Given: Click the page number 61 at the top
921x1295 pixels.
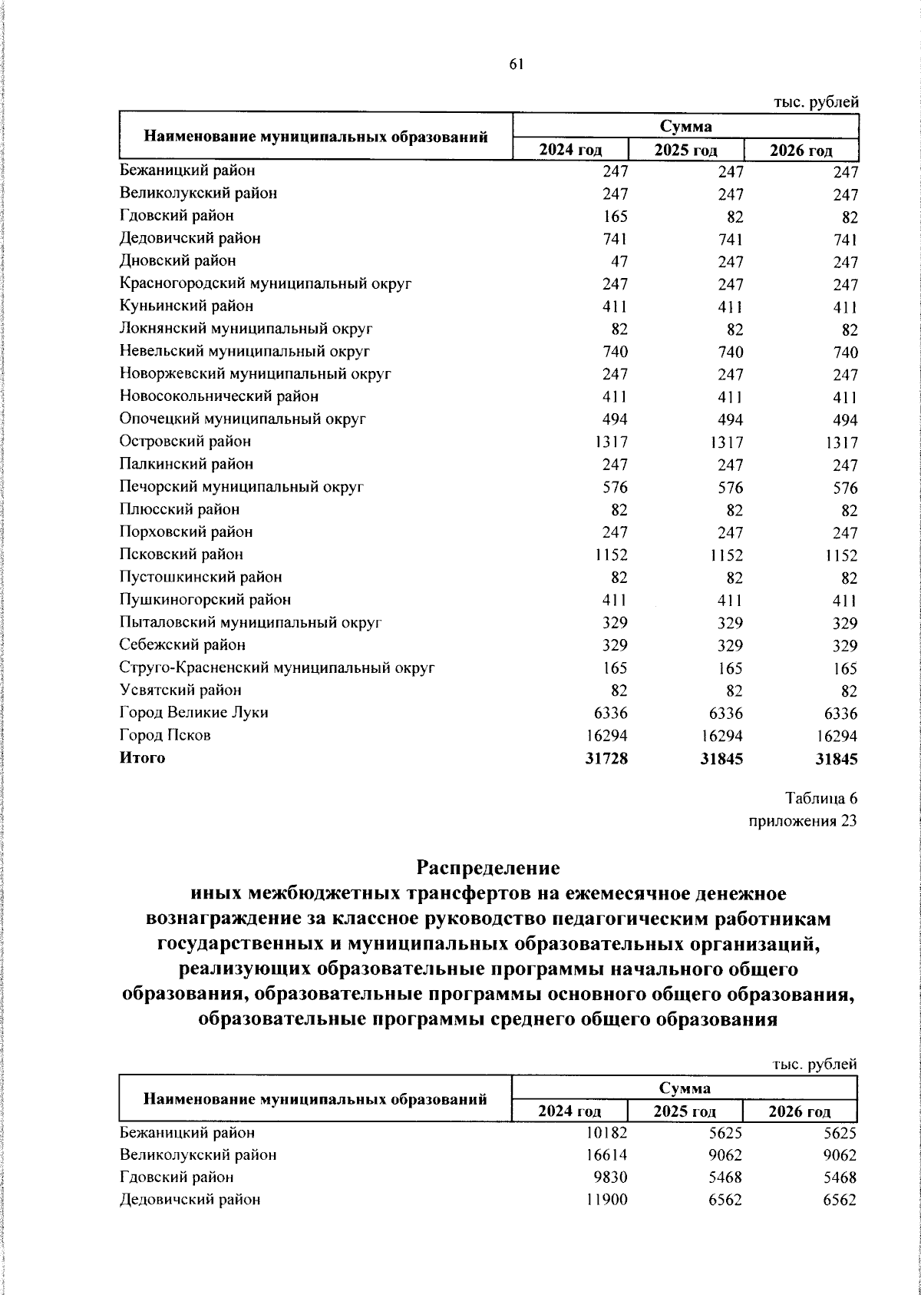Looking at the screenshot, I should [515, 65].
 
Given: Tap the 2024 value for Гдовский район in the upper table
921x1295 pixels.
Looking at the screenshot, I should [615, 217].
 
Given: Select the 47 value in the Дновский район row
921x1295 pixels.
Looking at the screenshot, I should [619, 261].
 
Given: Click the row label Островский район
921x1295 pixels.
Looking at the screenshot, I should [185, 442].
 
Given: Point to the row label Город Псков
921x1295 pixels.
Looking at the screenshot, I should [165, 736].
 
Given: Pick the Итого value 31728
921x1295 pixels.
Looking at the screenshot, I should [606, 759].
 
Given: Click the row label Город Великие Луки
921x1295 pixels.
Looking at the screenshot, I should [193, 713].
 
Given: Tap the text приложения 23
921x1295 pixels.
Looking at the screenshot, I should [802, 821].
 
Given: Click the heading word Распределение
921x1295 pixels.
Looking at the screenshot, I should [488, 868].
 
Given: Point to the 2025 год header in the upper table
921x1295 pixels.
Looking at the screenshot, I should [685, 150].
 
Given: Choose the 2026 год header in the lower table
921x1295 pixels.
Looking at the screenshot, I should [800, 1111].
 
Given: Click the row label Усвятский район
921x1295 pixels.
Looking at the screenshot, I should [180, 691].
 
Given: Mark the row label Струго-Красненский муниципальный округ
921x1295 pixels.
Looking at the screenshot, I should [277, 668].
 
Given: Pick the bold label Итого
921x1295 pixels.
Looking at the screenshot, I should [142, 758].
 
